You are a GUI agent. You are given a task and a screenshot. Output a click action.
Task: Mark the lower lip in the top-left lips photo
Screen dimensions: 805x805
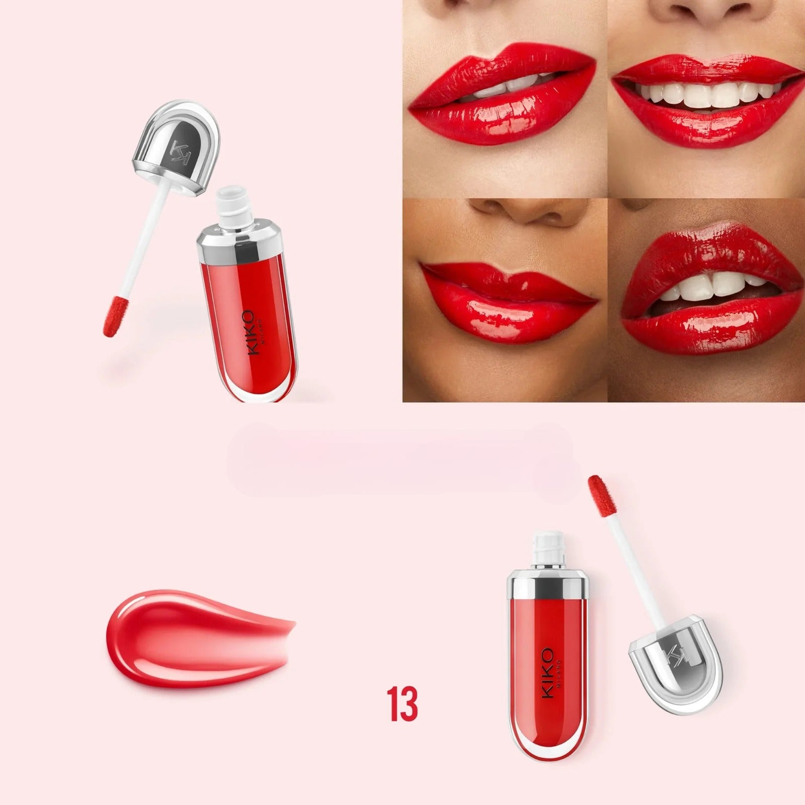pos(503,121)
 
